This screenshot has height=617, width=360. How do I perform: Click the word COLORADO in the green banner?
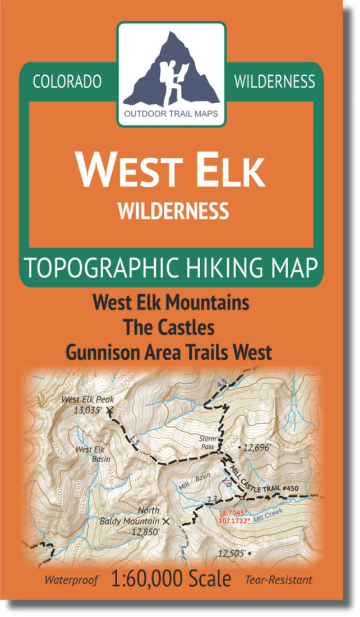67,82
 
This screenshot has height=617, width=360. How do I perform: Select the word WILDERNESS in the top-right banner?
274,82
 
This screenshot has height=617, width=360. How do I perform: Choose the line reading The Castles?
171,328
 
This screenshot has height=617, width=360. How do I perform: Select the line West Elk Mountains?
171,303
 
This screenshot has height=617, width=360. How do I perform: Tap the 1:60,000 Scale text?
171,579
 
